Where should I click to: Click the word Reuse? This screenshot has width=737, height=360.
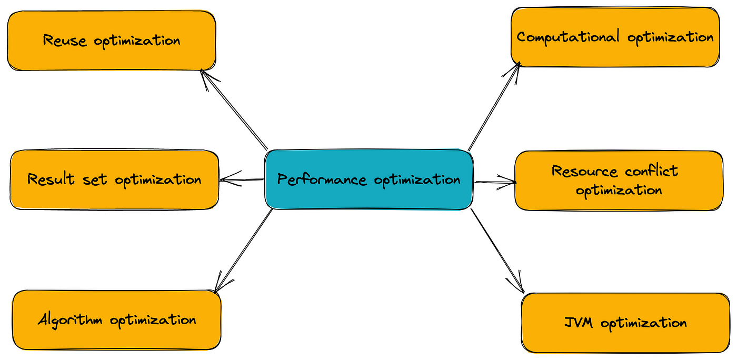click(x=65, y=41)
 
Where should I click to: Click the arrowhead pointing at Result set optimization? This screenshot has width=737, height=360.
click(x=225, y=179)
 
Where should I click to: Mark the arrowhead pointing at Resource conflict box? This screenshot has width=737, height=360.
click(x=511, y=183)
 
